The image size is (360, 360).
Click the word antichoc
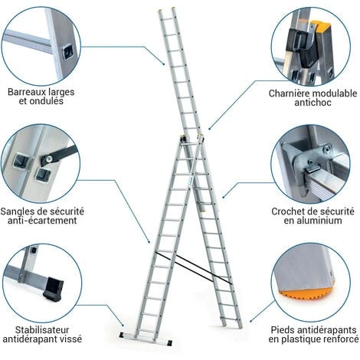click(x=313, y=103)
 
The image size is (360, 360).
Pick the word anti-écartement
click(x=42, y=221)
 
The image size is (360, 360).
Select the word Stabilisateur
click(x=42, y=330)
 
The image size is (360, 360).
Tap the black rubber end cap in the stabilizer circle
click(x=54, y=289)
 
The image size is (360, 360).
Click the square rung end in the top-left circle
click(x=68, y=52)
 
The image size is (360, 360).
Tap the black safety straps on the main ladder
click(x=194, y=268)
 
